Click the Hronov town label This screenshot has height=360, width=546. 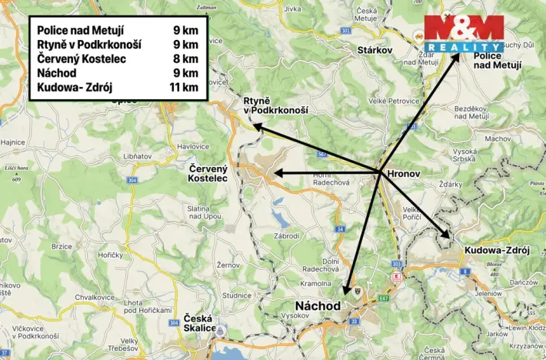405,174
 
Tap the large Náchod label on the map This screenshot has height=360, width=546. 318,305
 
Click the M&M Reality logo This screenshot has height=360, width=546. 464,33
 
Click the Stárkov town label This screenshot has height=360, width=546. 375,50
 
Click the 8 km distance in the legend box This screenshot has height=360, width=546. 186,58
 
